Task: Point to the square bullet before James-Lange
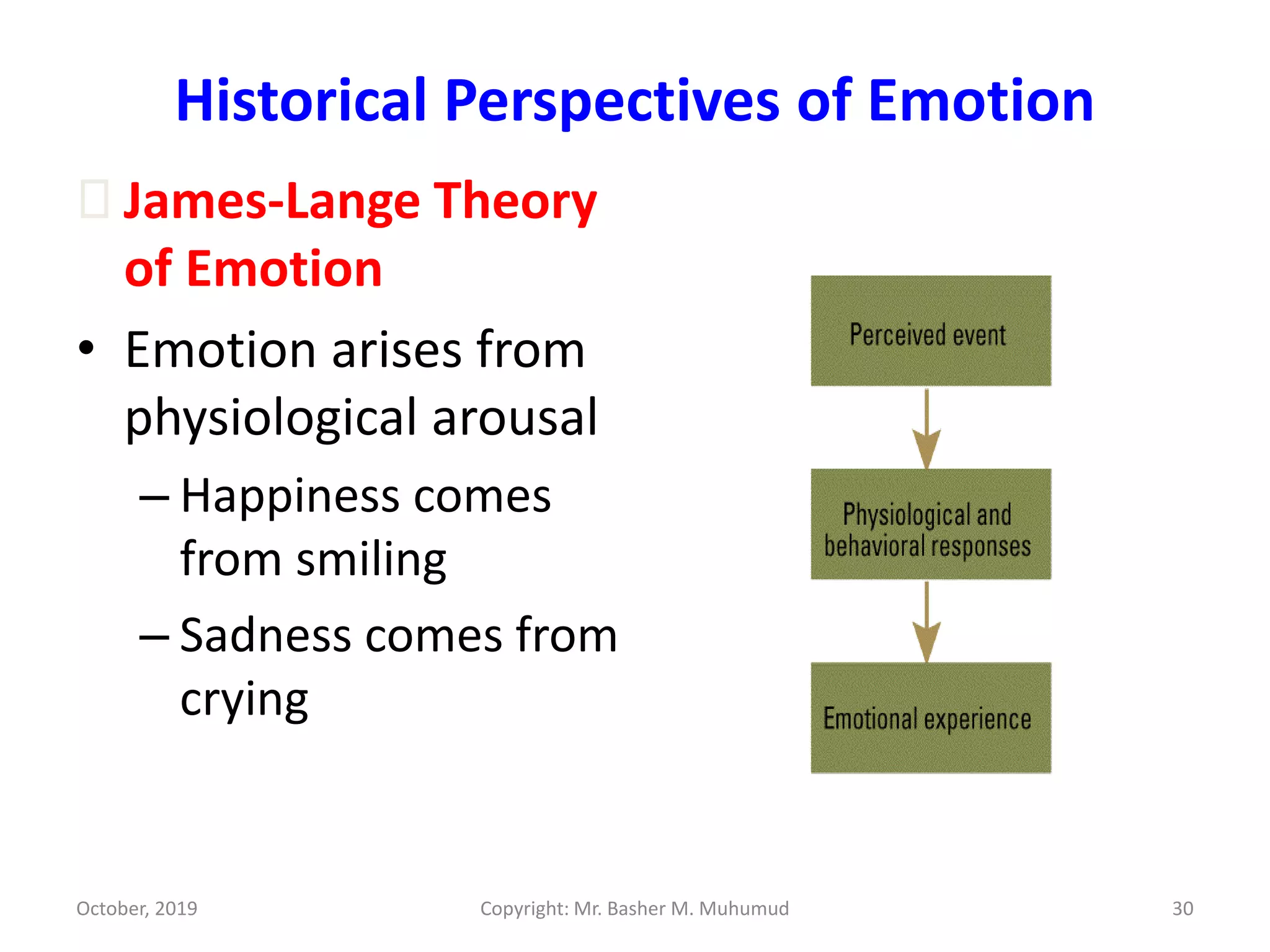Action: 95,199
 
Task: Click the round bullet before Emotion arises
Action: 86,348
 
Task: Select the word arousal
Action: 514,417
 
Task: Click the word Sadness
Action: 265,636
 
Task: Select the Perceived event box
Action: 930,332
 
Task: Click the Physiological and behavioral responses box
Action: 930,524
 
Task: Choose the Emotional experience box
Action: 930,718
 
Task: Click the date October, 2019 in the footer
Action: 136,909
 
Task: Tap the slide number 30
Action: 1182,909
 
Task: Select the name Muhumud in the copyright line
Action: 744,909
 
